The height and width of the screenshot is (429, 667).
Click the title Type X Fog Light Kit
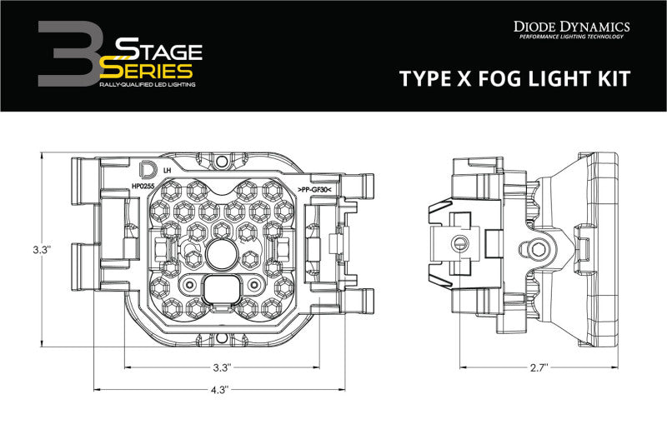(516, 79)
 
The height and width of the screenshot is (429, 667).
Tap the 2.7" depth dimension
(539, 367)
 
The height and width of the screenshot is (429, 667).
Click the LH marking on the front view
(168, 169)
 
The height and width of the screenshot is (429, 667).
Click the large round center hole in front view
(221, 254)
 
